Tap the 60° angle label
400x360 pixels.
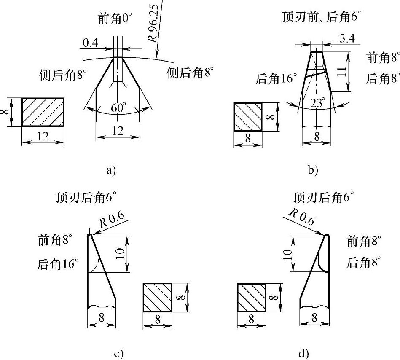(118, 108)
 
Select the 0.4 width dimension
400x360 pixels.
(91, 43)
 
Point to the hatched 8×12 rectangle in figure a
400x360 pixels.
(43, 112)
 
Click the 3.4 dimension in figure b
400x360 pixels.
(346, 40)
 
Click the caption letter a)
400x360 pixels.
(110, 170)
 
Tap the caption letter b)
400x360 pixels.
(313, 170)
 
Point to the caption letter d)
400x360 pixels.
(303, 353)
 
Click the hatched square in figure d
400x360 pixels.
(252, 297)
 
